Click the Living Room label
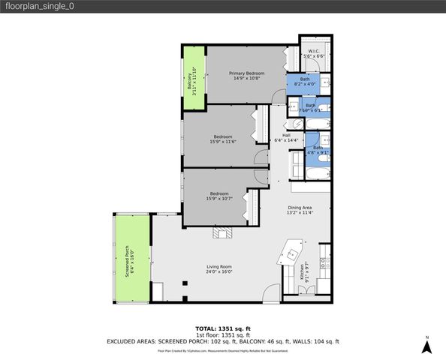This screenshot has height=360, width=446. pyautogui.click(x=219, y=269)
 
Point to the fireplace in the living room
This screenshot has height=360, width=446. pyautogui.click(x=222, y=232)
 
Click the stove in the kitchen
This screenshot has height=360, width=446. pyautogui.click(x=324, y=264)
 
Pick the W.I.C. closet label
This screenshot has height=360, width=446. pyautogui.click(x=313, y=53)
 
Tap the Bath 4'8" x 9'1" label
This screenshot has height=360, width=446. pyautogui.click(x=317, y=150)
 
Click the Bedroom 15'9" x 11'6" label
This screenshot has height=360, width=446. pyautogui.click(x=221, y=139)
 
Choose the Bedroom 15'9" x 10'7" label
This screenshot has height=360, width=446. pyautogui.click(x=220, y=196)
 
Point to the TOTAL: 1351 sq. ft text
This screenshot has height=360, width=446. pyautogui.click(x=222, y=328)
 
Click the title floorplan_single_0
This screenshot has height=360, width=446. pyautogui.click(x=38, y=7)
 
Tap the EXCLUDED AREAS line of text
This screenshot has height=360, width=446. pyautogui.click(x=222, y=341)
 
